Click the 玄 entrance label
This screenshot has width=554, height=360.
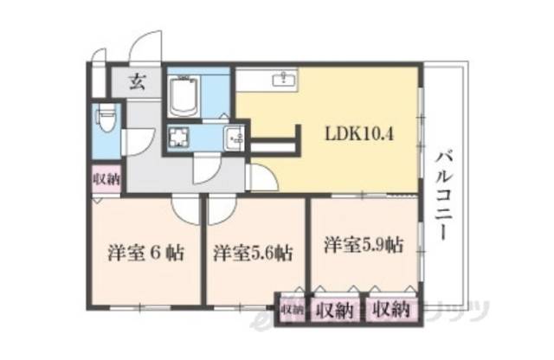[x=138, y=83]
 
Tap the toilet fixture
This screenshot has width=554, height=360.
[x=106, y=118]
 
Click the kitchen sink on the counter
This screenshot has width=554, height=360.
[x=283, y=80]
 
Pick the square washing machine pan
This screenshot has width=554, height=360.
[x=180, y=137]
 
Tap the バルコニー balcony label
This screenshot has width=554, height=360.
[x=443, y=196]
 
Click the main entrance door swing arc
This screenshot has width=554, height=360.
[x=145, y=48]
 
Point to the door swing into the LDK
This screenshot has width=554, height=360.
[x=262, y=177]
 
